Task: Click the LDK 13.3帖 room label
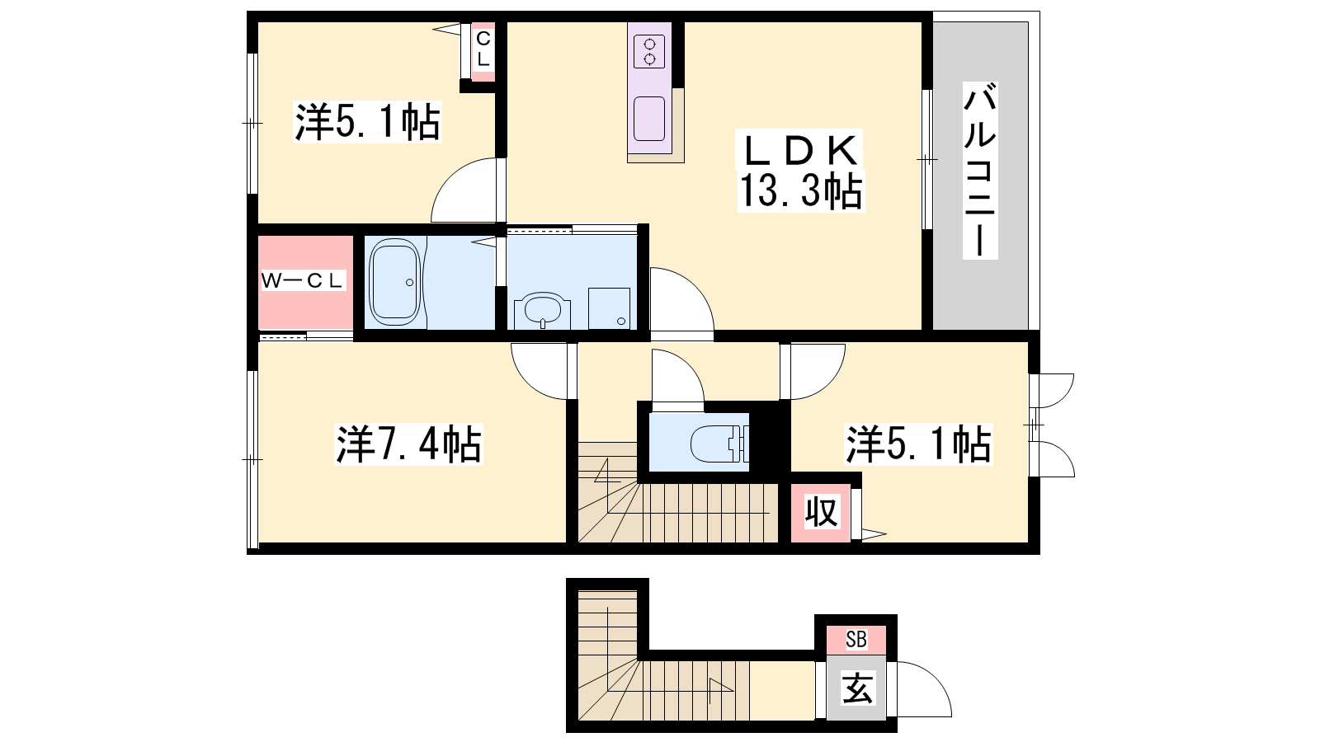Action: (x=800, y=171)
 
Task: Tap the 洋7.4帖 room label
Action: (x=408, y=444)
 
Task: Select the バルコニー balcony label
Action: (x=980, y=171)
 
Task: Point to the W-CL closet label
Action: (x=303, y=281)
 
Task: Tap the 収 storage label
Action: (x=822, y=512)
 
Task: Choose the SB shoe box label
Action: (x=856, y=640)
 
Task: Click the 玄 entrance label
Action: (x=857, y=688)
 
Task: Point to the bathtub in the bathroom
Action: (x=394, y=282)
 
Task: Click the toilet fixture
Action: (x=719, y=444)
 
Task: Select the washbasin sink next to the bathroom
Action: (x=542, y=310)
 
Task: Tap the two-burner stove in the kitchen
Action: (x=649, y=51)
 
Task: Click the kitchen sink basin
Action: (x=649, y=119)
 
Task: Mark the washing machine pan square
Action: (x=610, y=308)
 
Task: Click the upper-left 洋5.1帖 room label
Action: (x=367, y=122)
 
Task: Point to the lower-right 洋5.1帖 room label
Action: (x=919, y=444)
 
